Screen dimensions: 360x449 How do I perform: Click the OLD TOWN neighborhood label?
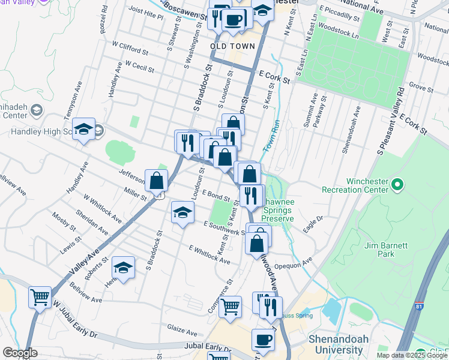point(233,46)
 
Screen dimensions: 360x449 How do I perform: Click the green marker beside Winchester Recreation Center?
point(396,184)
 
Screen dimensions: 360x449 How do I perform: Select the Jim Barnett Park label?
point(386,250)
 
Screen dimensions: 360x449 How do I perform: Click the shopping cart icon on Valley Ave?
point(40,297)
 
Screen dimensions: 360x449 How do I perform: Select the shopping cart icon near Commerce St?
point(231,307)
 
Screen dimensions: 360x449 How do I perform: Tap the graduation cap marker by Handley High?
point(84,129)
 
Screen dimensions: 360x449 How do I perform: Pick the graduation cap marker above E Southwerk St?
point(183,212)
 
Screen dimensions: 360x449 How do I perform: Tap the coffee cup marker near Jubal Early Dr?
point(263,340)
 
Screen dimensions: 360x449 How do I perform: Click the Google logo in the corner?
point(20,353)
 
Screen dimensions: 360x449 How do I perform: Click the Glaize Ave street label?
point(182,331)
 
